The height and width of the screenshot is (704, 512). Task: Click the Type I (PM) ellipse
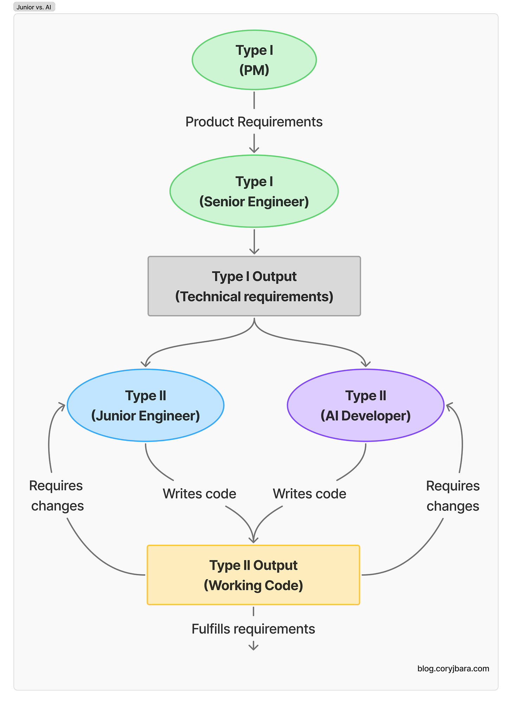coord(254,60)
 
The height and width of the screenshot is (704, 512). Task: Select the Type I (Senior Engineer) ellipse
coord(254,191)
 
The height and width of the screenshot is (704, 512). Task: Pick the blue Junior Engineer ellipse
coord(145,405)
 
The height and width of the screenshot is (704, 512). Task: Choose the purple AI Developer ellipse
coord(366,405)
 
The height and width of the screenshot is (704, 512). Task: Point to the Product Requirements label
coord(254,122)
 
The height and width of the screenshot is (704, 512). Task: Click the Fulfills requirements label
coord(253,629)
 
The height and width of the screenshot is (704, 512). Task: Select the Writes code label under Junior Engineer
coord(199,494)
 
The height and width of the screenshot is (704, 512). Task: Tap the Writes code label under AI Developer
coord(309,494)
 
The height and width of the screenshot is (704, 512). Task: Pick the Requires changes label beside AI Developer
coord(453,496)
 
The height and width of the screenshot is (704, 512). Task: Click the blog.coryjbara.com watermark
coord(453,669)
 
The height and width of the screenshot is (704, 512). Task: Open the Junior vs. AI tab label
coord(34,7)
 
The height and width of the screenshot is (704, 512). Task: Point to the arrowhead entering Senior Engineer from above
coord(254,149)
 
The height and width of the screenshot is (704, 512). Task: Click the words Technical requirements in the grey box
coord(254,297)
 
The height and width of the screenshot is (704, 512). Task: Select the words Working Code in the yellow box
coord(253,586)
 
